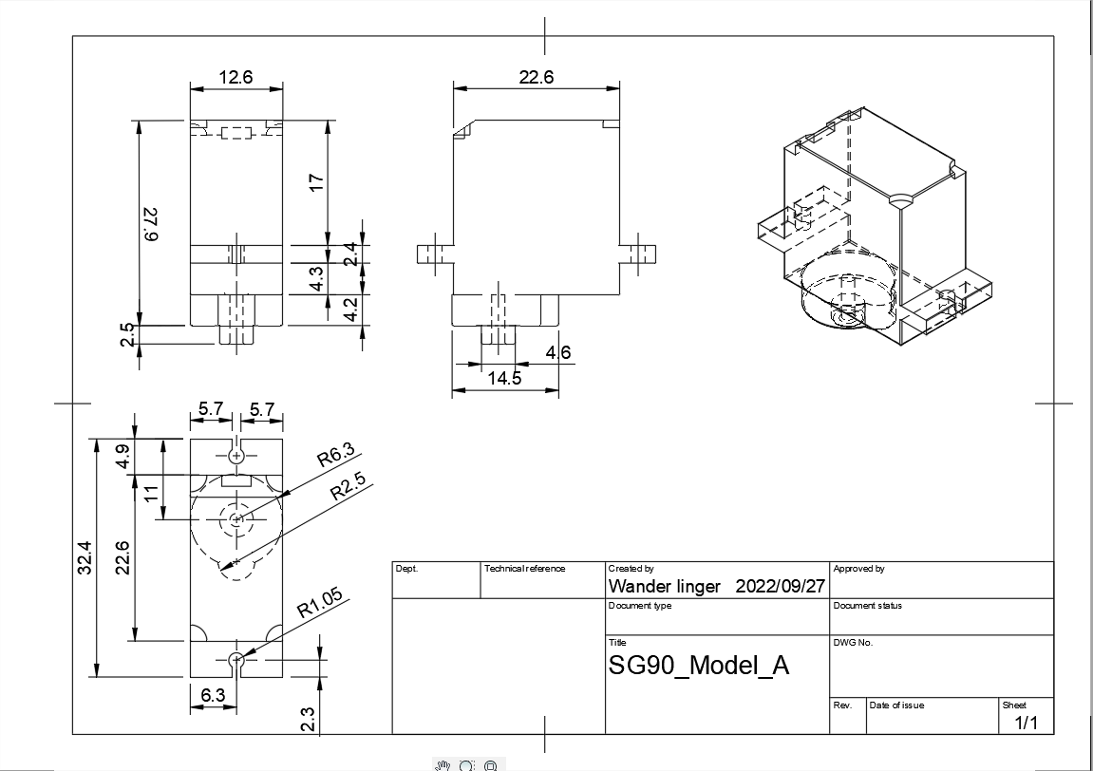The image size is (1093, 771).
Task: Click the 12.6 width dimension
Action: [x=236, y=77]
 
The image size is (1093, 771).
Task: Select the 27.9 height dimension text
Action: [x=151, y=224]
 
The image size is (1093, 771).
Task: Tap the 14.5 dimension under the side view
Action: [x=504, y=378]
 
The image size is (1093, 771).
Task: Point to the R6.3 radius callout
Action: [x=337, y=456]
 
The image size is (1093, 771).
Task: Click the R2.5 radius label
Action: [x=348, y=488]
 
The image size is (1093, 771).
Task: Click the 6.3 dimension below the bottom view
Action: [x=213, y=695]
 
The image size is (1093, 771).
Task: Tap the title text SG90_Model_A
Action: [x=699, y=665]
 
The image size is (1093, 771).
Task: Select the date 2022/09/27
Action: [x=781, y=586]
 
